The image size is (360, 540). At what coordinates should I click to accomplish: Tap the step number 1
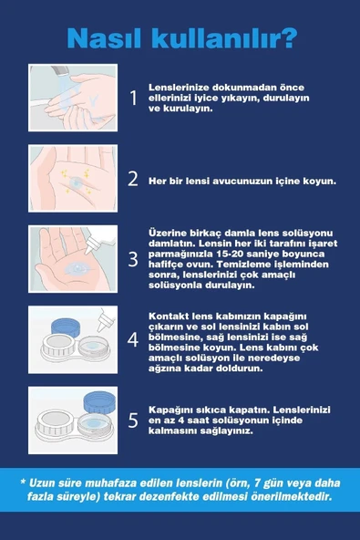[x=133, y=98]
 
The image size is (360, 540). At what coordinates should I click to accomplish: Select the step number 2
[x=133, y=179]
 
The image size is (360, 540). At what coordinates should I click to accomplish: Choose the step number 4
[x=133, y=340]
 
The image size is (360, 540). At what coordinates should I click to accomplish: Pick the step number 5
[x=133, y=420]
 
